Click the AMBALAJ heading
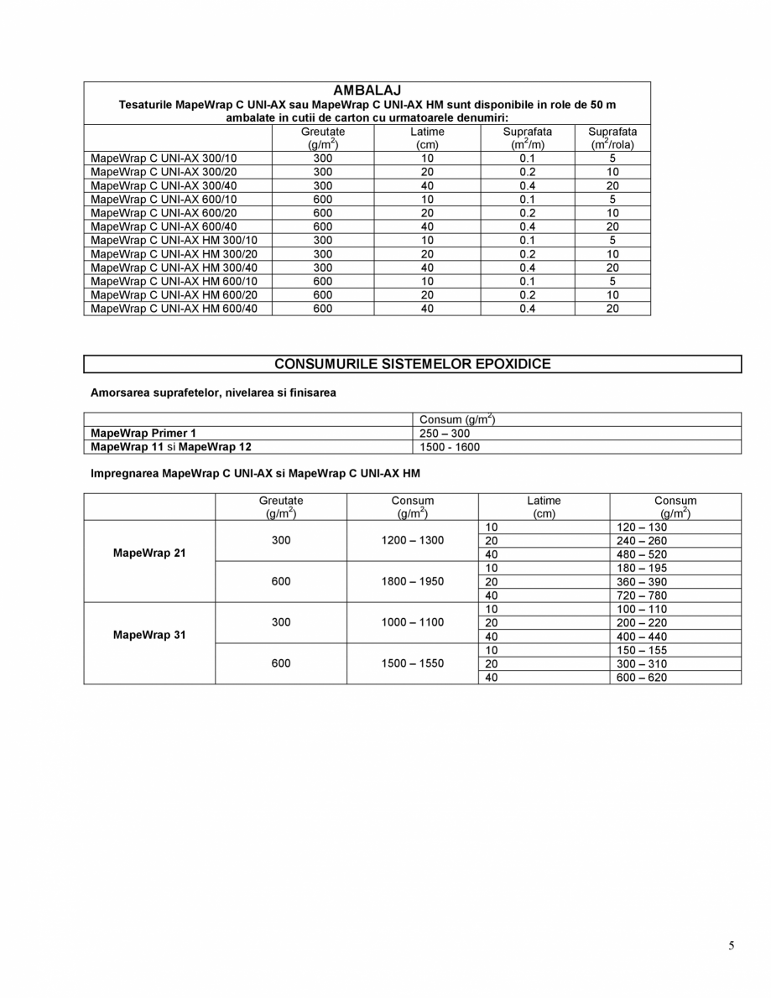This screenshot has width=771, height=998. (367, 90)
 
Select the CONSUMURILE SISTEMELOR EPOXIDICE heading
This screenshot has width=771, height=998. (413, 364)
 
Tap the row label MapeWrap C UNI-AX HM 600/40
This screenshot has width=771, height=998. (174, 309)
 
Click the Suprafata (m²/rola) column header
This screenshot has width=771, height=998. (612, 138)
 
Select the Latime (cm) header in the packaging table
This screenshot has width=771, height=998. (427, 138)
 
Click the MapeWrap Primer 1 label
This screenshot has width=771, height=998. (143, 434)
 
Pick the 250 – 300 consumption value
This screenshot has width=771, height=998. (445, 434)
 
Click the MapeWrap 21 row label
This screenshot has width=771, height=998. (149, 554)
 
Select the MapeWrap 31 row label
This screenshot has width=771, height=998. (149, 636)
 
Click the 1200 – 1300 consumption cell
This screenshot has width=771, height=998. (412, 541)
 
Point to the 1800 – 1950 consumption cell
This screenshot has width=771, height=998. (412, 581)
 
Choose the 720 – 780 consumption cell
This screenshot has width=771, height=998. (643, 595)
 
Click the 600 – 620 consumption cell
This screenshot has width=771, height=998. (643, 678)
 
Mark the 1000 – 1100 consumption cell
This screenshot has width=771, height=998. (412, 622)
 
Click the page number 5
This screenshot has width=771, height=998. (731, 946)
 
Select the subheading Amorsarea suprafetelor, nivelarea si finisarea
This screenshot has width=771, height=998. (213, 392)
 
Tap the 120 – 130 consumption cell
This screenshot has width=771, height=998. (643, 528)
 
